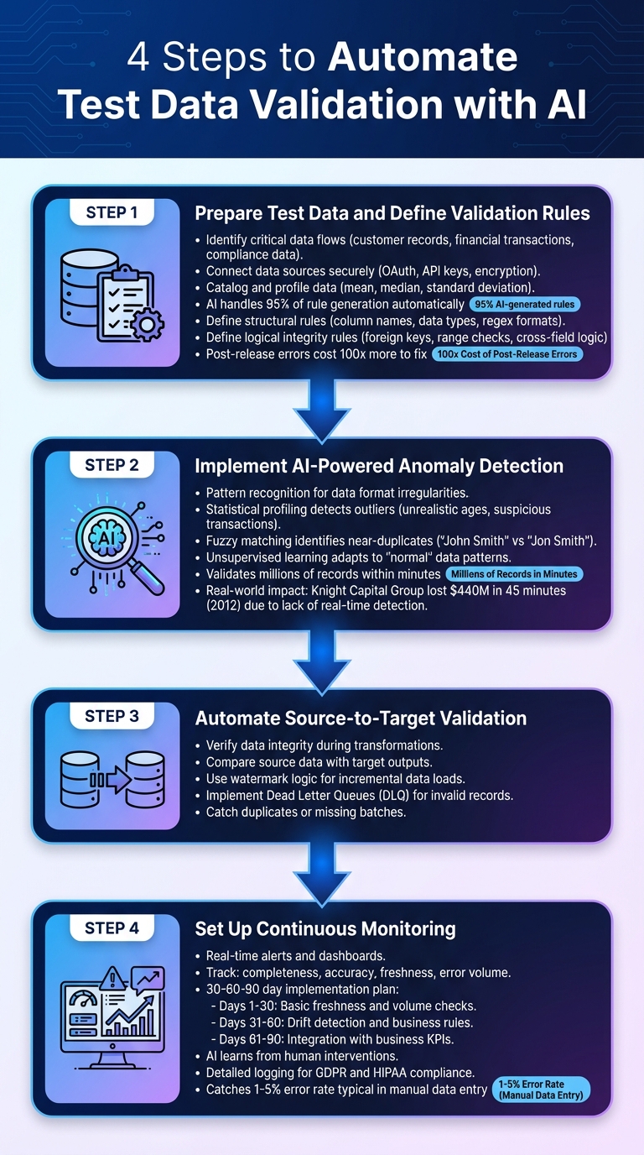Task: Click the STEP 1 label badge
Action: pos(112,213)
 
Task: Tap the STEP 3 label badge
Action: pos(112,717)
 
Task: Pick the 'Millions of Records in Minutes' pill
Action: pos(513,574)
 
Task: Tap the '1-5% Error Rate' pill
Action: pos(542,1090)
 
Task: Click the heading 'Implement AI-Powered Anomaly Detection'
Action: pos(379,466)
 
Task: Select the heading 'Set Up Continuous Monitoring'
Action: pos(325,928)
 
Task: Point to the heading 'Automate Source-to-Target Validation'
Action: pos(361,719)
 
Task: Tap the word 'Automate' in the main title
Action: pos(423,59)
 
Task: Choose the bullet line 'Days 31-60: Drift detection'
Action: pos(341,1022)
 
